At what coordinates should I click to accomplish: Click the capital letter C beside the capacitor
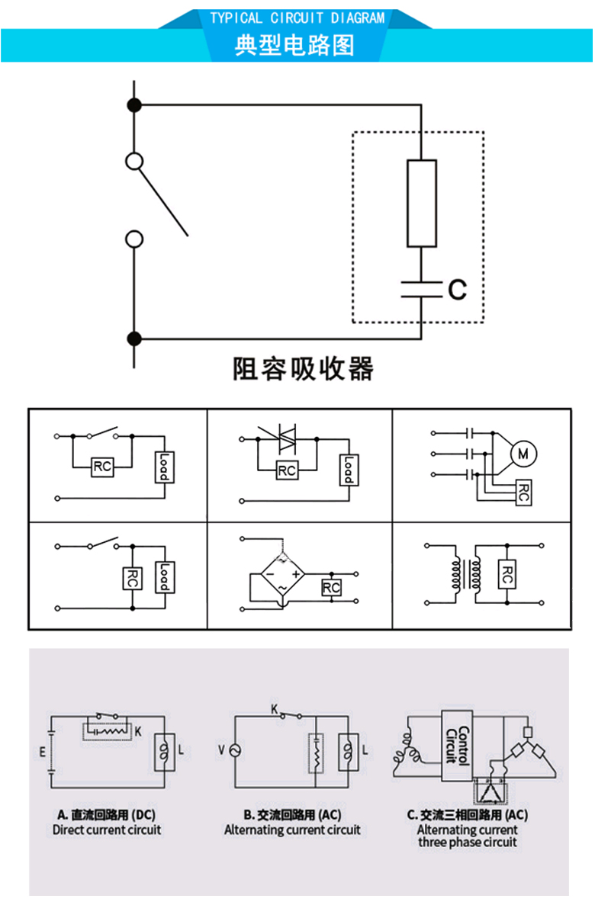456,290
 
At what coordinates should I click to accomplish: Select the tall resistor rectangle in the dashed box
422,204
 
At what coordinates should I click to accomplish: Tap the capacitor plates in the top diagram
422,290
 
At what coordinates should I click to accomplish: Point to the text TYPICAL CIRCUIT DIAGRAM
297,18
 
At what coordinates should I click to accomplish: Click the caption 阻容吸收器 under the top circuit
303,369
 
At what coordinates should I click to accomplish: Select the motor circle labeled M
523,454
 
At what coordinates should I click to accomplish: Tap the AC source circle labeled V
233,751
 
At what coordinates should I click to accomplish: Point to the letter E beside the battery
42,752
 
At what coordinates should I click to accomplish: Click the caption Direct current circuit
107,830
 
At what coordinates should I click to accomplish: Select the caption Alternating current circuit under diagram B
292,830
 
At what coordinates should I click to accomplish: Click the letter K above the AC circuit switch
275,708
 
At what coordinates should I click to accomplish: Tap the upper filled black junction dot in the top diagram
134,105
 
